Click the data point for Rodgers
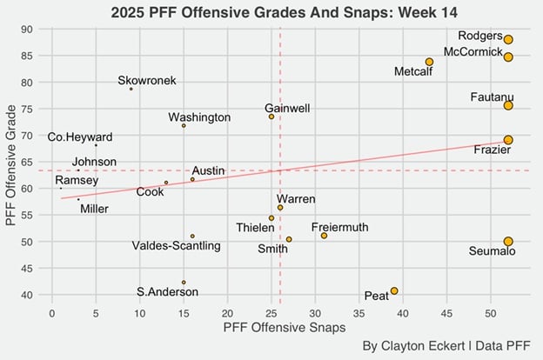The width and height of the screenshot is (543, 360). (x=508, y=39)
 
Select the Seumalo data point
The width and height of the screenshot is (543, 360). (x=508, y=241)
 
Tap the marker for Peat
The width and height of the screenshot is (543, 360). (x=394, y=291)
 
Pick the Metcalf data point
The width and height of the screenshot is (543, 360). (x=429, y=62)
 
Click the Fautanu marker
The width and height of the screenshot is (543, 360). (x=508, y=105)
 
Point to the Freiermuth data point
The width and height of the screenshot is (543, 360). (x=324, y=236)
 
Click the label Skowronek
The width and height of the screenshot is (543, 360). (x=147, y=81)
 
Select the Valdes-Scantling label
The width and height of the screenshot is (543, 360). (x=176, y=246)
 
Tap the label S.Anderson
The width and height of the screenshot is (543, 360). (x=167, y=291)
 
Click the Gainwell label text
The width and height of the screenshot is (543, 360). (x=287, y=108)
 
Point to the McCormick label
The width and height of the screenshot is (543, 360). (x=473, y=52)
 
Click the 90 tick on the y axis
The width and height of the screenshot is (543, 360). (x=28, y=30)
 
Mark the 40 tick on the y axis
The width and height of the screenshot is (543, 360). (x=28, y=295)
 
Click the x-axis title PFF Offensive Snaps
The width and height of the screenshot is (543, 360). (x=284, y=328)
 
